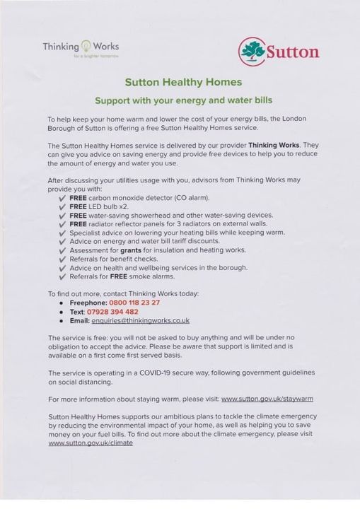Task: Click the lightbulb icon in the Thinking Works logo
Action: tap(87, 45)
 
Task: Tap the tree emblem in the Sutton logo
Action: tap(251, 50)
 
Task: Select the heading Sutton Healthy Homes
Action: tap(183, 82)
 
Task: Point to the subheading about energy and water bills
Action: tap(183, 100)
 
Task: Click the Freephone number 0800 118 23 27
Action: tap(139, 303)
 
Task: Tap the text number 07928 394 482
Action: tap(112, 311)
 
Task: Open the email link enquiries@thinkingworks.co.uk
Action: tap(145, 320)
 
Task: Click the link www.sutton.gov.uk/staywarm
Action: tap(267, 399)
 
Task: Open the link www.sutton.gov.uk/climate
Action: tap(91, 443)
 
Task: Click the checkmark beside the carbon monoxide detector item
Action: tap(62, 198)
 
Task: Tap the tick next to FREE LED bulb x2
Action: tap(62, 206)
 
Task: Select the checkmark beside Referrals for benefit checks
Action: tap(62, 259)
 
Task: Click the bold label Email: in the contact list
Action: tap(79, 320)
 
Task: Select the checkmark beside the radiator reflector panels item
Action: tap(62, 224)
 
